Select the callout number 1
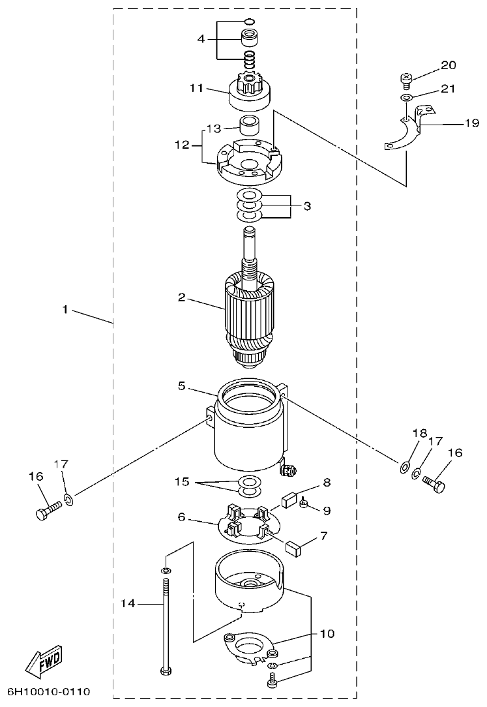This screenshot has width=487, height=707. coord(65,310)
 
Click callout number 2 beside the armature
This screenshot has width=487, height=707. coord(183,298)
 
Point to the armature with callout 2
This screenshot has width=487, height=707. coord(251,313)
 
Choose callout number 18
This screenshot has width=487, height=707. coord(419,434)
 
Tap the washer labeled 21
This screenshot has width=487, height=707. coord(406,97)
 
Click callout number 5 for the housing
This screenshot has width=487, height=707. coord(183,386)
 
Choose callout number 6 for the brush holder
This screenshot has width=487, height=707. coord(183,517)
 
